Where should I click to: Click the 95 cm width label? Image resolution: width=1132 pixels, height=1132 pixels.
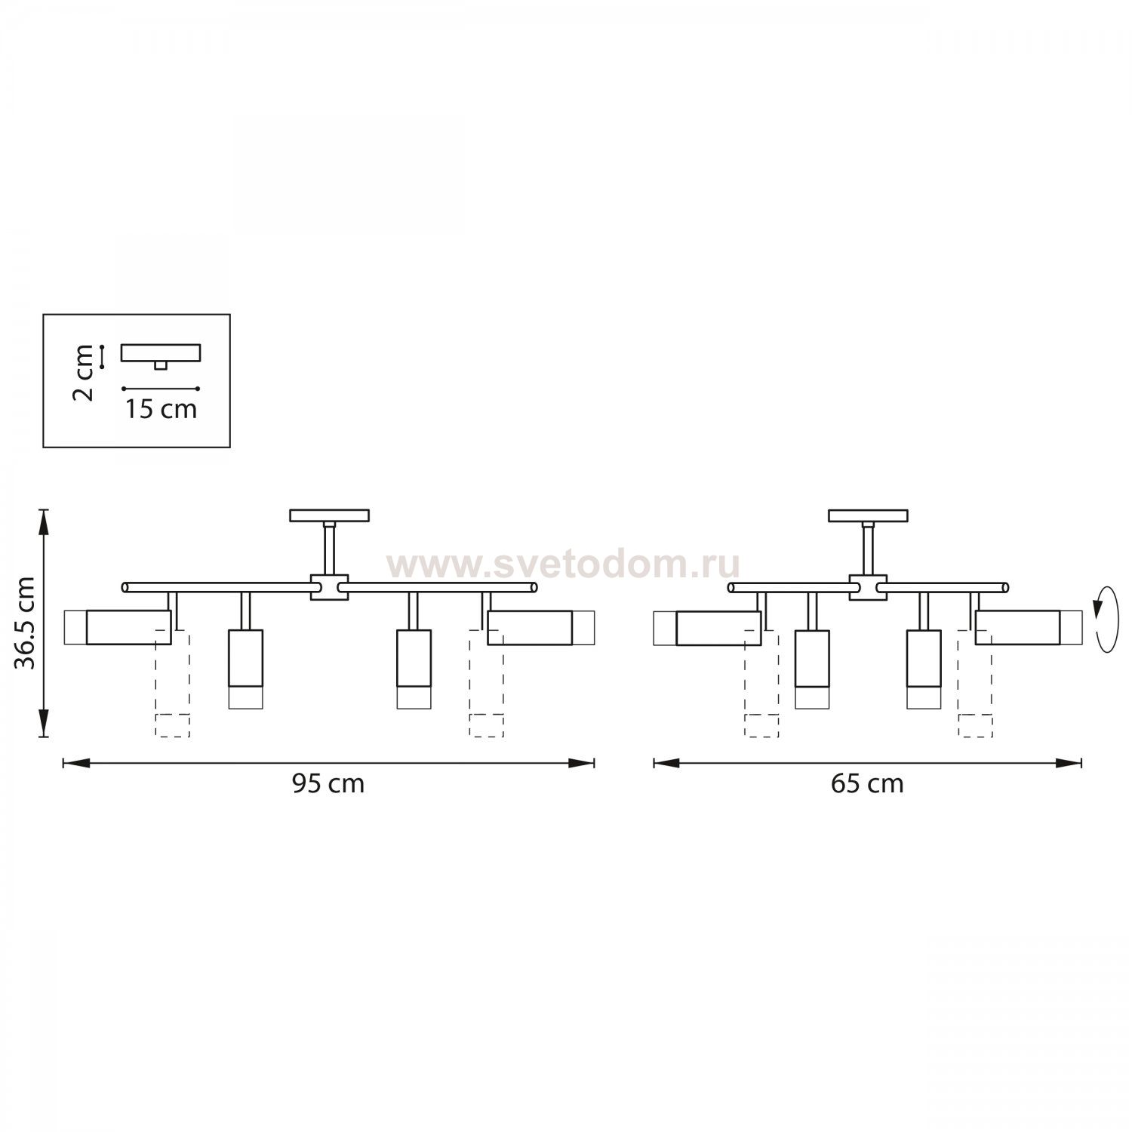point(328,784)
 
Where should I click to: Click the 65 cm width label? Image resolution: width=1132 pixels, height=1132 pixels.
point(867,784)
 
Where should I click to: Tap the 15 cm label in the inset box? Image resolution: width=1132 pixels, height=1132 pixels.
point(161,409)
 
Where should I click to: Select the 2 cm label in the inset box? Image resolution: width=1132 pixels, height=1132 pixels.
point(85,373)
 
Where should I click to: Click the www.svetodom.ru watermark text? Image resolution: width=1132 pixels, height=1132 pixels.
point(563,564)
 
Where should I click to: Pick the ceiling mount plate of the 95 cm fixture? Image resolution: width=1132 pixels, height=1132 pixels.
point(330,515)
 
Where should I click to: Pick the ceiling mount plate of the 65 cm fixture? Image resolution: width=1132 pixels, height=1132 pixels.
point(868,515)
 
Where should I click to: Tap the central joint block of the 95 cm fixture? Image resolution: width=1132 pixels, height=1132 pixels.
point(329,587)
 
